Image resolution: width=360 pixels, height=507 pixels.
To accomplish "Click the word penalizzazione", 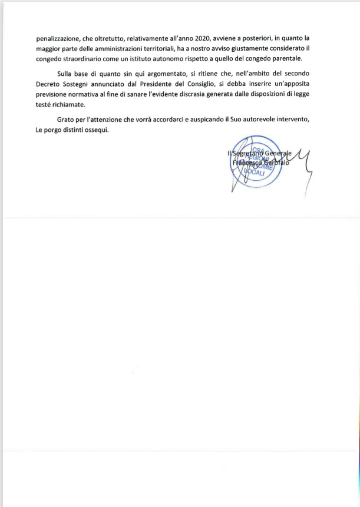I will [x=56, y=38].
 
